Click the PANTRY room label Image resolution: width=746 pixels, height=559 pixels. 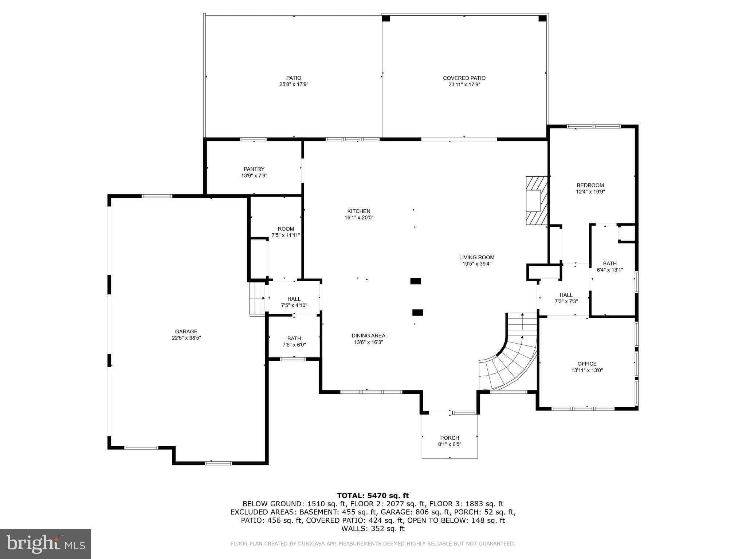tap(254, 169)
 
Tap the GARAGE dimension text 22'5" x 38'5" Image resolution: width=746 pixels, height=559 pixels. tap(186, 338)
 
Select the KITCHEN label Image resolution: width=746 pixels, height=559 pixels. tap(358, 211)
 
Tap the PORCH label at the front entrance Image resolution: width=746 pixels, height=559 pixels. tap(449, 438)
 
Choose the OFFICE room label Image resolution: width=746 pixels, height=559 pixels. tap(587, 364)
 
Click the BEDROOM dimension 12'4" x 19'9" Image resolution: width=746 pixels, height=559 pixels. tap(590, 191)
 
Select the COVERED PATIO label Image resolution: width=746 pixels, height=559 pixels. tap(464, 78)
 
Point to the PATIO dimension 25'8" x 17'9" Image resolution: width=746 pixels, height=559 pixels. tap(294, 84)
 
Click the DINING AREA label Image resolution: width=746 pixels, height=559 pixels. tap(368, 336)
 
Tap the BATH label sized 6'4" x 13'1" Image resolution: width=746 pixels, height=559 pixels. tap(609, 263)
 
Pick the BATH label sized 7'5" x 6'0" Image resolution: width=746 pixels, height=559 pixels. tap(294, 338)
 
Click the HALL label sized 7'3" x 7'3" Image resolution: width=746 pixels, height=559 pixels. tap(566, 295)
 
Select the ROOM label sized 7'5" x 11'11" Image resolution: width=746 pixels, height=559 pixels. tap(286, 229)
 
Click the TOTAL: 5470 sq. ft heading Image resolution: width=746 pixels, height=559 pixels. tap(373, 495)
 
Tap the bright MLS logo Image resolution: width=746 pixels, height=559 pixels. tap(46, 544)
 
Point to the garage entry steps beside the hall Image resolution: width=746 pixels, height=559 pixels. tap(257, 298)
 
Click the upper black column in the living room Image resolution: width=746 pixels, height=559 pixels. tap(415, 281)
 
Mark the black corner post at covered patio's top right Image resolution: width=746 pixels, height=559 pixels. tap(542, 18)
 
